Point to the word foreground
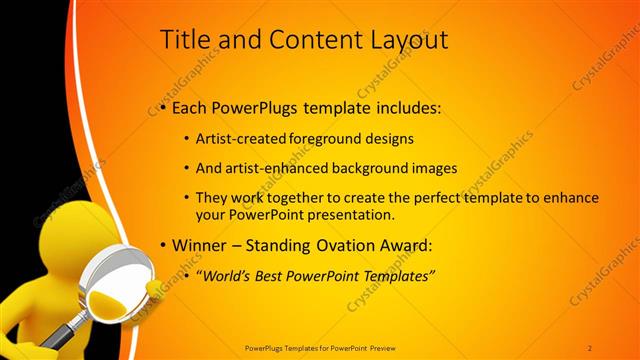(328, 140)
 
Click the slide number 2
(590, 347)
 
